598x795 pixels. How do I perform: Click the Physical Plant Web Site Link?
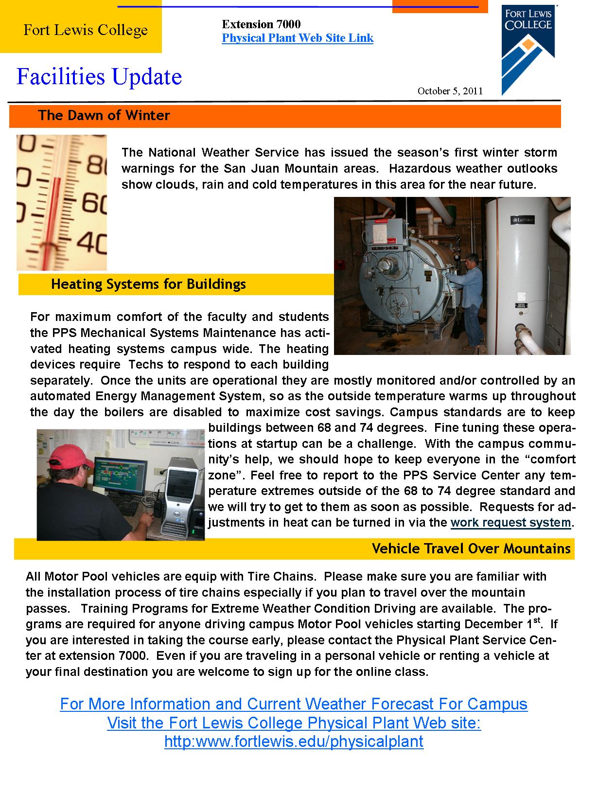[298, 38]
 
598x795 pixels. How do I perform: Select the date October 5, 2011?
[450, 91]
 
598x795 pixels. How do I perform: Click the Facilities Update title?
[99, 77]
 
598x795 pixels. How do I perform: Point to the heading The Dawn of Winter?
[104, 116]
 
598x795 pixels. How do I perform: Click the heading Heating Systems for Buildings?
[148, 284]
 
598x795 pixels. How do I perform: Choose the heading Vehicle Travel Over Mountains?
[471, 549]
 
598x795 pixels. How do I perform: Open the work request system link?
[510, 523]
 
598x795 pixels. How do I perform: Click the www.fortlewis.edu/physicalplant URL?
[294, 742]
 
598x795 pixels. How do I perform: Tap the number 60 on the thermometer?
[94, 203]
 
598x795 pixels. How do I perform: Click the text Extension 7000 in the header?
[261, 24]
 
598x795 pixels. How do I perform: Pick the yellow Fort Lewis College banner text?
[86, 31]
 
